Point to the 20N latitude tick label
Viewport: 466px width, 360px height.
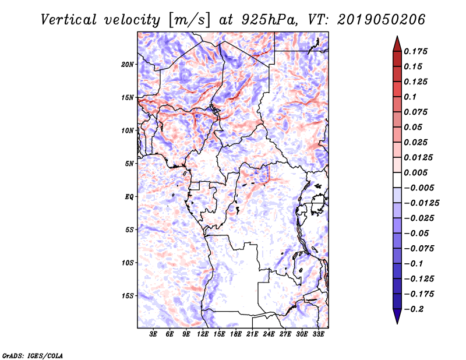(128, 64)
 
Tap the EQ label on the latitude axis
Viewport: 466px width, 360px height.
(129, 197)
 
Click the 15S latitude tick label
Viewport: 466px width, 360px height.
(128, 296)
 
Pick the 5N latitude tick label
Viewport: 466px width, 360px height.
(129, 164)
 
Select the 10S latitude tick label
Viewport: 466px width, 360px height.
(128, 263)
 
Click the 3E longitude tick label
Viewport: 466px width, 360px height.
(154, 334)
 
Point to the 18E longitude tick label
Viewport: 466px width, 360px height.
(236, 334)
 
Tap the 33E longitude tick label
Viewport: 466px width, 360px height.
(318, 334)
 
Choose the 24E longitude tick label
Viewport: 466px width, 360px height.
(269, 334)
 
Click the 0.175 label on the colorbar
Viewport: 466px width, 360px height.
(418, 51)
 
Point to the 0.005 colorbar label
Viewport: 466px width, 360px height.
(418, 172)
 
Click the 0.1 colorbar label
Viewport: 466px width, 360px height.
(412, 97)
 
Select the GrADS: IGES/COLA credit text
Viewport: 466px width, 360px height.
(25, 355)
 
